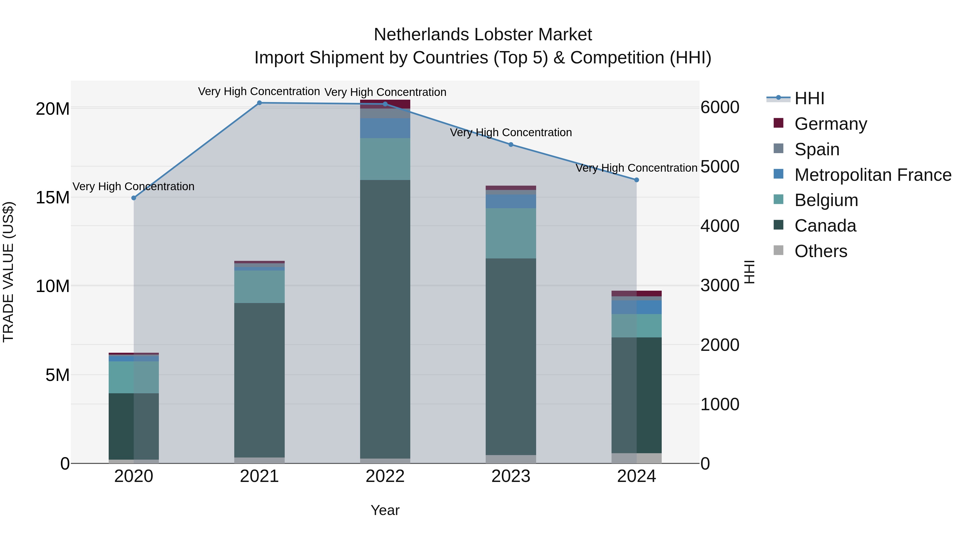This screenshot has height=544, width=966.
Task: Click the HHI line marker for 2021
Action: (x=259, y=103)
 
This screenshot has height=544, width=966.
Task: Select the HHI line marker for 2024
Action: (x=636, y=180)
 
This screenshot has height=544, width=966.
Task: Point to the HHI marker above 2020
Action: (x=134, y=198)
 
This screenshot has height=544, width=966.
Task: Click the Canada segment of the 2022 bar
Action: (x=385, y=319)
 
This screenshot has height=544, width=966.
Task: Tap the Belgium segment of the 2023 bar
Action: (x=511, y=233)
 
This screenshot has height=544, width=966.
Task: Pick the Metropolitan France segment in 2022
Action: (x=385, y=128)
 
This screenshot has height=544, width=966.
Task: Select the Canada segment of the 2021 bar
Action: (x=259, y=380)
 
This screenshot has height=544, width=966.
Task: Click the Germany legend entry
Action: (x=830, y=124)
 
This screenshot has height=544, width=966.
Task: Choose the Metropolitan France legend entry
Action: (x=872, y=175)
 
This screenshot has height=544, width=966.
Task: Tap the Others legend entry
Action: (x=821, y=251)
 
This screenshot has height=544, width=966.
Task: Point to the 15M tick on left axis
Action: (x=53, y=197)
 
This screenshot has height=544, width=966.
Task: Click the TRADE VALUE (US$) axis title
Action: (x=8, y=272)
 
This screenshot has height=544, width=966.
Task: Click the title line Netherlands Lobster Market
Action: (x=483, y=35)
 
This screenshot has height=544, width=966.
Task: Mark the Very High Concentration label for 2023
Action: (x=511, y=132)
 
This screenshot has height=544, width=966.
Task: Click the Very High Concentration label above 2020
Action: (x=134, y=187)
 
